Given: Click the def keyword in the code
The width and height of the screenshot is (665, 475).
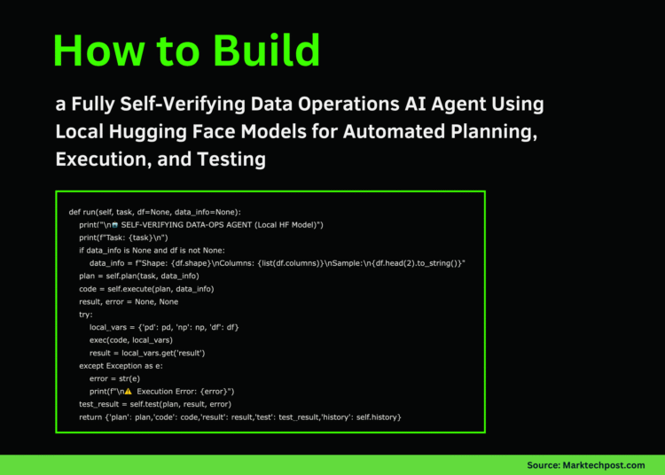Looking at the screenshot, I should [x=74, y=212].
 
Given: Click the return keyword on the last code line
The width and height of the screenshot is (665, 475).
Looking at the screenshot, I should [x=90, y=417].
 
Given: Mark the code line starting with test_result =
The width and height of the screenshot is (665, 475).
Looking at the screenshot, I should [x=148, y=404].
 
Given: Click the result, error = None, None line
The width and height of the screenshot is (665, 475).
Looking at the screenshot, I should [x=128, y=301].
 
